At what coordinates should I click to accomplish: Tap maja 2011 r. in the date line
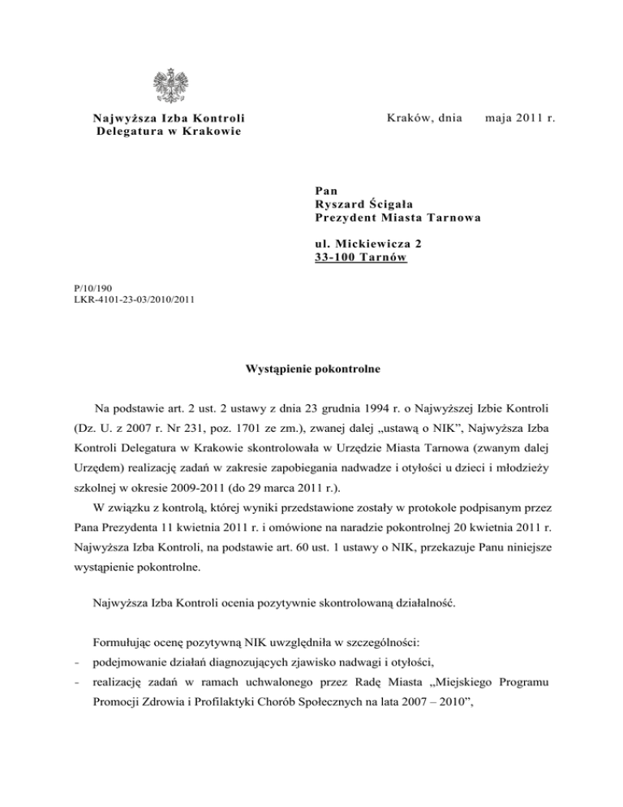point(519,119)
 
